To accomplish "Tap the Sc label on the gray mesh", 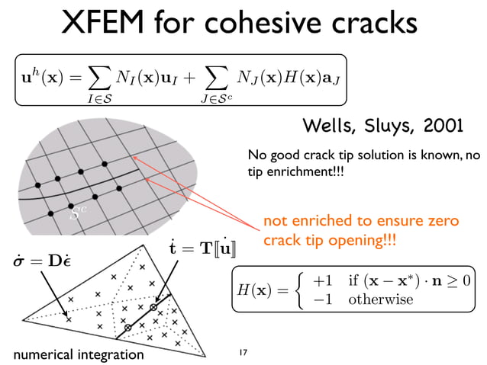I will click(75, 216).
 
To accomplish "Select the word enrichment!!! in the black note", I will click(301, 174).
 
